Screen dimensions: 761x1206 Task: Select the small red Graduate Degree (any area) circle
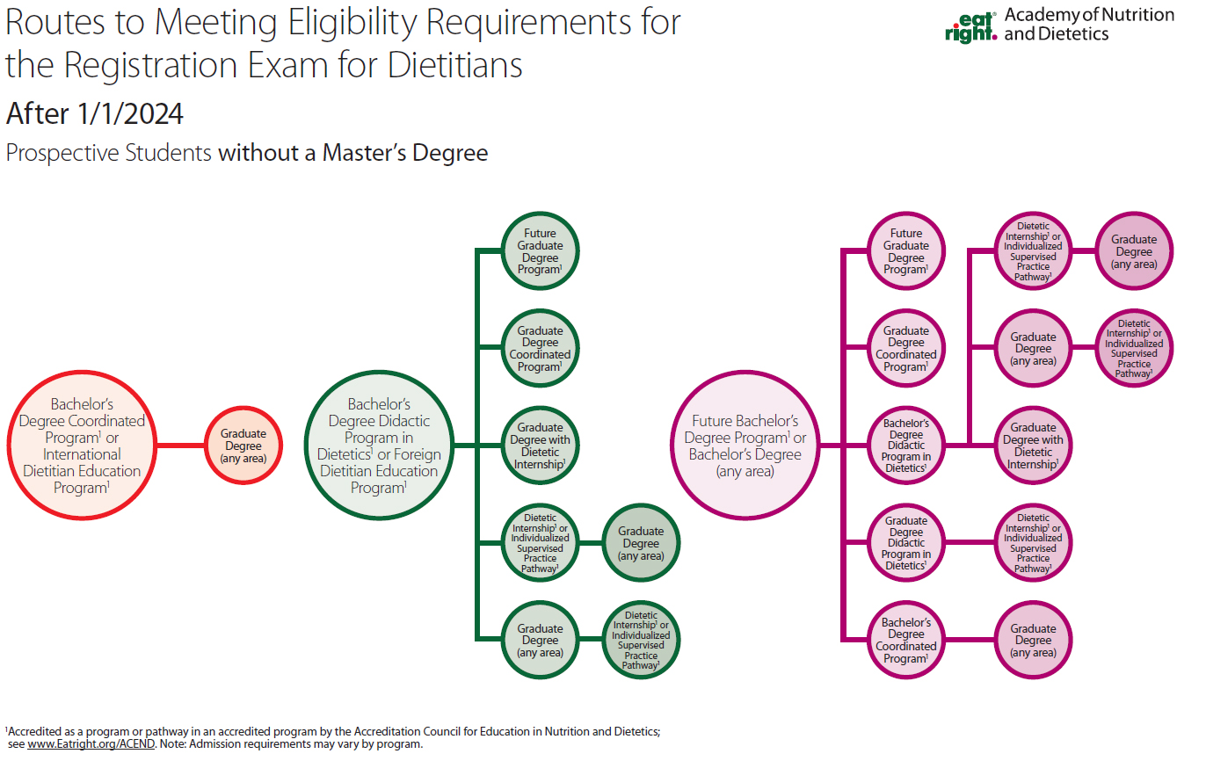click(243, 446)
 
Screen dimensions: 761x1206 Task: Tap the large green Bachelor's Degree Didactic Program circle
click(380, 446)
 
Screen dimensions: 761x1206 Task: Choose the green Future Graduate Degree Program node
click(540, 251)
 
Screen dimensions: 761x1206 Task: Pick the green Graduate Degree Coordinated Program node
click(540, 349)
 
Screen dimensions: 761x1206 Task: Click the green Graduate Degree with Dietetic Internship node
click(540, 446)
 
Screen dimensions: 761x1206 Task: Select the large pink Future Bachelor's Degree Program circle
click(745, 446)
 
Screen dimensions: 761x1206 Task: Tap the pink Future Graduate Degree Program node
click(906, 251)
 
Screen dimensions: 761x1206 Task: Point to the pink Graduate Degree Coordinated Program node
click(906, 349)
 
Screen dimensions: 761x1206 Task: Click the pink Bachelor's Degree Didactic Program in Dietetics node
click(906, 446)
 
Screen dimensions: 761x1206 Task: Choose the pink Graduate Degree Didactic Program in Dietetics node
click(906, 543)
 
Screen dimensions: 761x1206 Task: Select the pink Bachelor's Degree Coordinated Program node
click(906, 641)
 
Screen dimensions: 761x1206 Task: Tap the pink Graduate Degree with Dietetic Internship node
click(1033, 446)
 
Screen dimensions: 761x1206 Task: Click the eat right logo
click(970, 25)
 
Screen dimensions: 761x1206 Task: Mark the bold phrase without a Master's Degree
click(352, 153)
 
